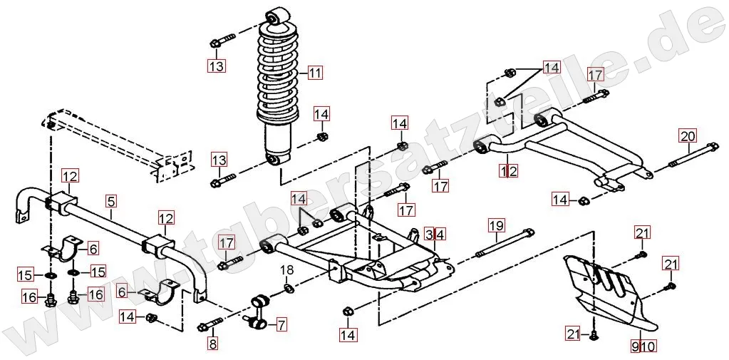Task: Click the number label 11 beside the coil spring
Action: [315, 72]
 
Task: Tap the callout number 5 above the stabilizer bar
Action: [110, 201]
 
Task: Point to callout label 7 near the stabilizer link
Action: [281, 325]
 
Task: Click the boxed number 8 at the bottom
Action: [212, 344]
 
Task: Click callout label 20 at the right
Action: [687, 135]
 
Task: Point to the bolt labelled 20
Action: [691, 158]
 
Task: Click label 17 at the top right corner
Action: [595, 74]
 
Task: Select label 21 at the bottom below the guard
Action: [572, 334]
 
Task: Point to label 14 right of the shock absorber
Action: [321, 113]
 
